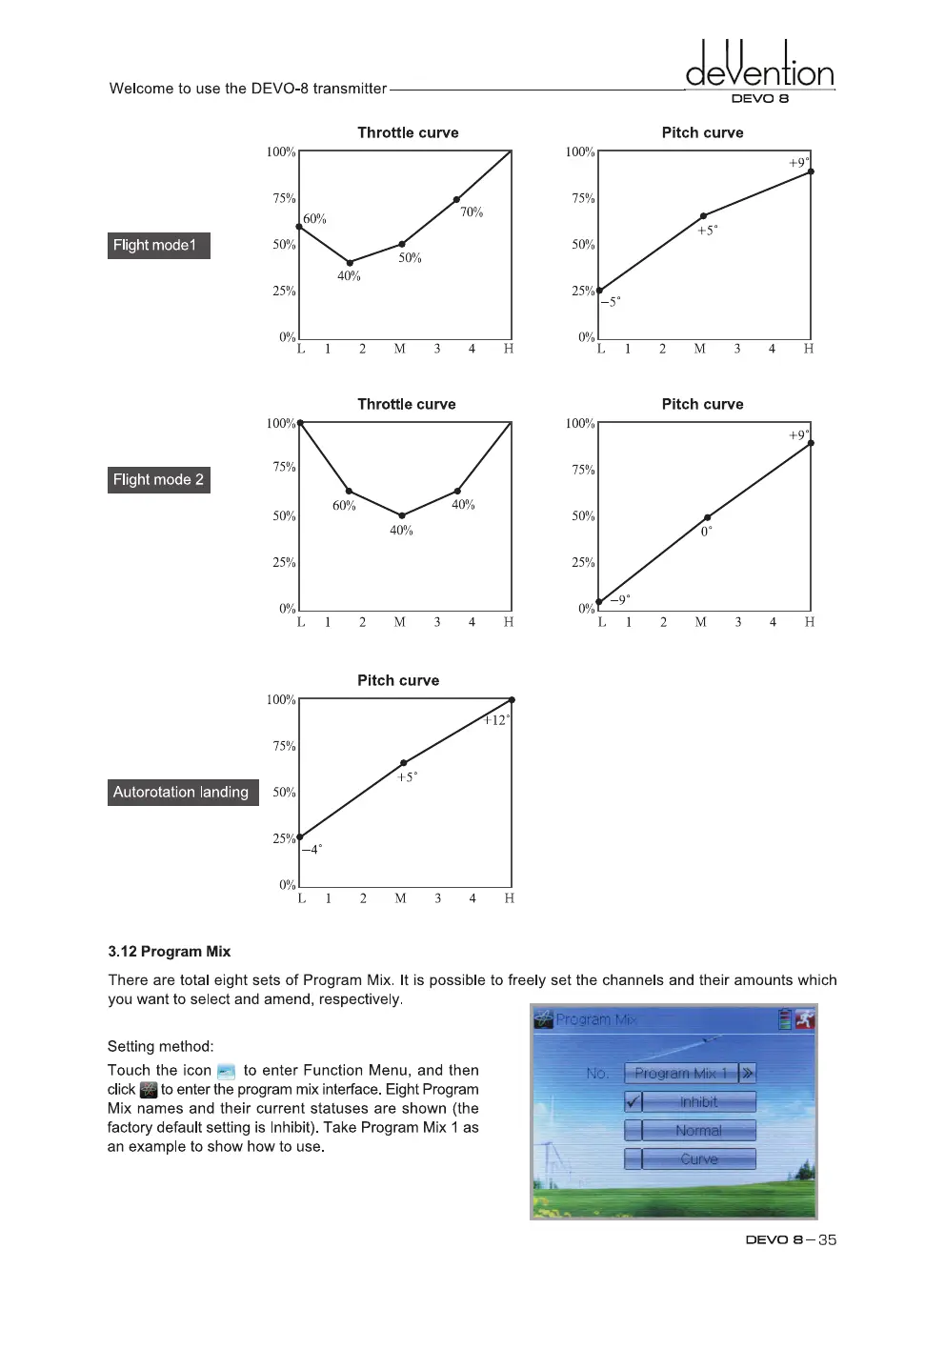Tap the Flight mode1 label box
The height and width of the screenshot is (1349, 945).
(x=158, y=246)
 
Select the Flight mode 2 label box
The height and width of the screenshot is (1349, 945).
(x=158, y=479)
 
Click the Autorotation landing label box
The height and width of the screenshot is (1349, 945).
(x=182, y=792)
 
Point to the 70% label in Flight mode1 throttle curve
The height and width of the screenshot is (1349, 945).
(x=472, y=212)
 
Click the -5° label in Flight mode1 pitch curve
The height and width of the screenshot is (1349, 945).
(x=611, y=302)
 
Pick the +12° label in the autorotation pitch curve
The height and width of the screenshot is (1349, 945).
(x=496, y=720)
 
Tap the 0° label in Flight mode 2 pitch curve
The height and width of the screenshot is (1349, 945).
(x=706, y=532)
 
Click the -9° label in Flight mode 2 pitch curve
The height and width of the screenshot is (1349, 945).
(x=620, y=600)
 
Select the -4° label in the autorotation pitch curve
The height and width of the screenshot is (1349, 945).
(x=312, y=849)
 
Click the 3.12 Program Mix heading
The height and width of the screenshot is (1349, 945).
(x=169, y=952)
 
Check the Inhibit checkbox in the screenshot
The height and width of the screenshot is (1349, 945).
(x=633, y=1102)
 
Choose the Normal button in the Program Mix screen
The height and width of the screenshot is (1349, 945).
(x=698, y=1131)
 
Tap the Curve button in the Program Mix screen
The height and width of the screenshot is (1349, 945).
(x=698, y=1159)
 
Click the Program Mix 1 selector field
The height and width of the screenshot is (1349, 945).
(x=680, y=1074)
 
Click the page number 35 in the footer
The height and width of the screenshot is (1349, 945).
(x=827, y=1239)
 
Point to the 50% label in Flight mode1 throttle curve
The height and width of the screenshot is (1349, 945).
(x=410, y=258)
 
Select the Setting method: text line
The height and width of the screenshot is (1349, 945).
(x=160, y=1046)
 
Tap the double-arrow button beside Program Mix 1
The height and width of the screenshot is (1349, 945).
(x=748, y=1074)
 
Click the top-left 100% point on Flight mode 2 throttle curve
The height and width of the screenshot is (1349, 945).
(x=300, y=422)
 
